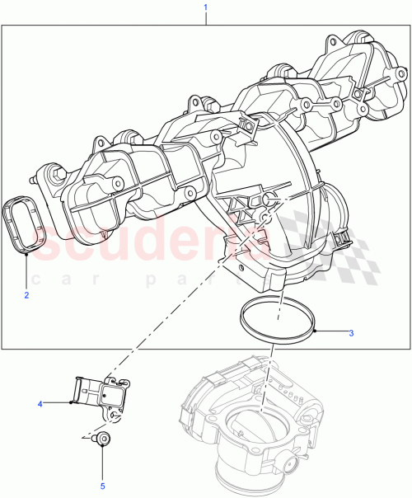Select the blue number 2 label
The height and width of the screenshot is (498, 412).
(x=26, y=294)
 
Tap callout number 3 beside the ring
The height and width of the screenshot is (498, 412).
(x=351, y=334)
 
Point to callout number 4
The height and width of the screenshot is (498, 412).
(x=40, y=403)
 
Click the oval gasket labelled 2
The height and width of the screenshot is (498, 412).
(x=27, y=225)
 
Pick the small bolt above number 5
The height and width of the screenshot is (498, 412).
(x=103, y=439)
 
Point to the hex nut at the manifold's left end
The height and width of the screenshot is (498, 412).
(x=56, y=172)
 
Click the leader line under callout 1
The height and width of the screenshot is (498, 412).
(x=205, y=19)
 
